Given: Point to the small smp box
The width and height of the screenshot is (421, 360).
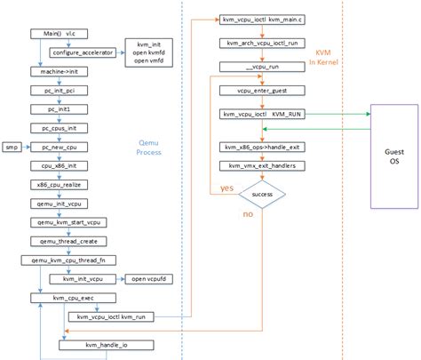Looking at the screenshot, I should [12, 146].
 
